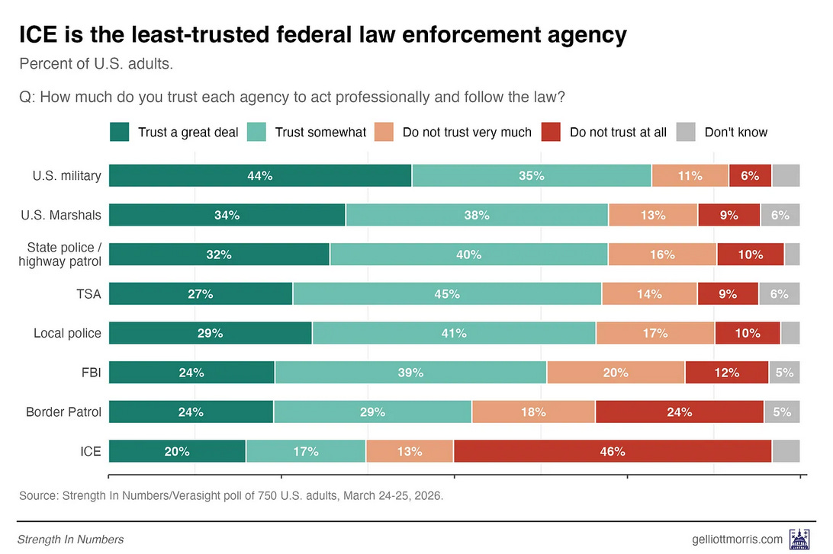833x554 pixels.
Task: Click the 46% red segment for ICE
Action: pos(613,451)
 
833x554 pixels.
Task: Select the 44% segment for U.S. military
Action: pos(260,175)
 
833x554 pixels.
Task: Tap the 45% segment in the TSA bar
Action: pos(447,293)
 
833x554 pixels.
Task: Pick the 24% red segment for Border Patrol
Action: pos(679,412)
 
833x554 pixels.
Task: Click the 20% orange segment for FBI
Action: pos(616,373)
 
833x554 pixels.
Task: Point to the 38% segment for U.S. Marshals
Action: pos(477,215)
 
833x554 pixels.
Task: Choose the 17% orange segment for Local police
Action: pos(655,333)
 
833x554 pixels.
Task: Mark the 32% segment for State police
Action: pos(219,255)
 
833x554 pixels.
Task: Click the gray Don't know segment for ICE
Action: pos(785,451)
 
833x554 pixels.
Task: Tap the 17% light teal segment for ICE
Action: pos(306,451)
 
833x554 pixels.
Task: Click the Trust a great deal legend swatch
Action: pos(119,132)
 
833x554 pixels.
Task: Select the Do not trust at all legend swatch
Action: pos(551,132)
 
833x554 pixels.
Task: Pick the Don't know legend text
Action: pos(735,132)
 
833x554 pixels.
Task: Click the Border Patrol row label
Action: pos(63,412)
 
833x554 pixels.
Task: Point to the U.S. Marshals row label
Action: pos(61,215)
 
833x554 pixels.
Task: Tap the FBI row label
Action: pos(91,373)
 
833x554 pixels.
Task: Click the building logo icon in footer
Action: pos(800,537)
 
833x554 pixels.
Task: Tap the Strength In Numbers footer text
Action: pos(70,540)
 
